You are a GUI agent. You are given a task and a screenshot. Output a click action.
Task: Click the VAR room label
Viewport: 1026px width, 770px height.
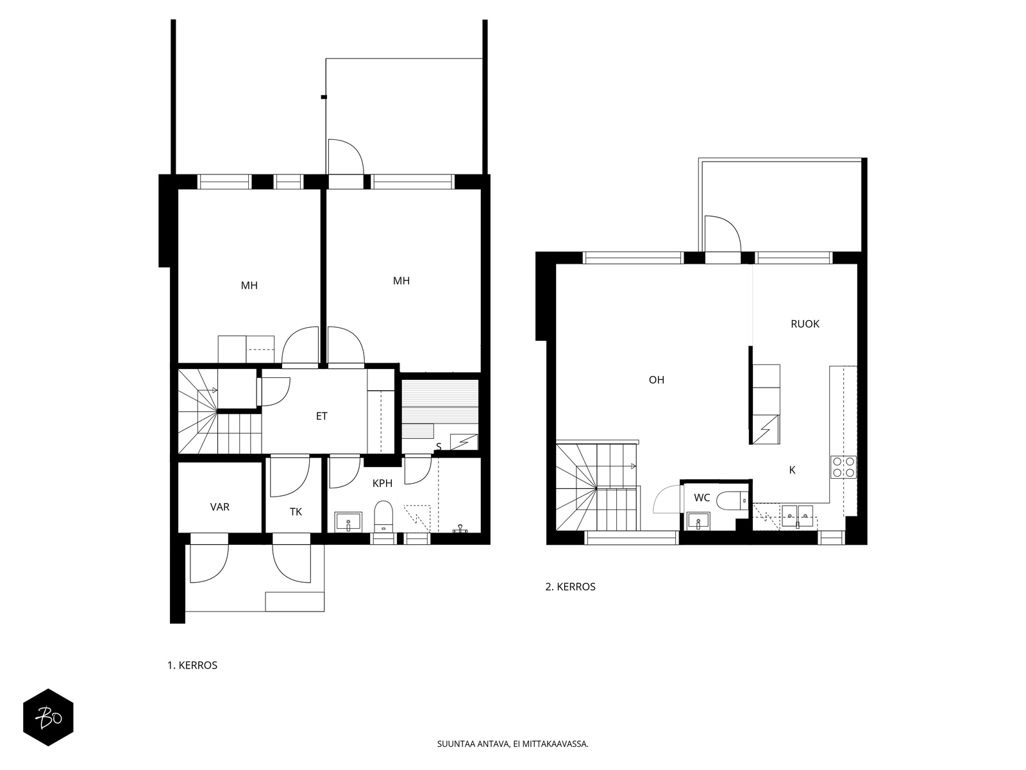[220, 507]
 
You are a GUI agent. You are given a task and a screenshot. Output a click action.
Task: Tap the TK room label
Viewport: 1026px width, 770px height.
[296, 512]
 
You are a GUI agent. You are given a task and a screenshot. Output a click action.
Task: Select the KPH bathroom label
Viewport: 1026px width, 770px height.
[382, 483]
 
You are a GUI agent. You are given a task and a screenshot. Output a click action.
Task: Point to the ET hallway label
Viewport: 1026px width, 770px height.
[322, 416]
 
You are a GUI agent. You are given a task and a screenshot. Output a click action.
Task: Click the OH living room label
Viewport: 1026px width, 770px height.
[656, 380]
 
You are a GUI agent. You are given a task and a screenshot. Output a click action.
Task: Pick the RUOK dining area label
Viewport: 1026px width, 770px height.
[805, 323]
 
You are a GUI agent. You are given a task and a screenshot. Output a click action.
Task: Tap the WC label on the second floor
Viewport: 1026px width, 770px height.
[702, 498]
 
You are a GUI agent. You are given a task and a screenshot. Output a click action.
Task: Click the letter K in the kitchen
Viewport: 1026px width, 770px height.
[793, 470]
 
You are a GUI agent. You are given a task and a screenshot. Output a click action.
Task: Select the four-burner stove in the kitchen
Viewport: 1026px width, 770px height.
[843, 466]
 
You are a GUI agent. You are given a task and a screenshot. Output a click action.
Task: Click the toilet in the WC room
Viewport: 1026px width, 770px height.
[732, 501]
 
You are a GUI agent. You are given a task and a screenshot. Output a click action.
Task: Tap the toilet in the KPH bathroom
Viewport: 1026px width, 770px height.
[383, 517]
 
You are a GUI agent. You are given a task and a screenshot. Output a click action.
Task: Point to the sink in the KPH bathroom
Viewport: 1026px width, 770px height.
[348, 522]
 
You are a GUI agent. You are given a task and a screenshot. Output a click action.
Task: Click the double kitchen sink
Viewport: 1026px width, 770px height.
[798, 516]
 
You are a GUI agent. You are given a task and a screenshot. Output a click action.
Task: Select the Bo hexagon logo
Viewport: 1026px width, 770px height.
[48, 717]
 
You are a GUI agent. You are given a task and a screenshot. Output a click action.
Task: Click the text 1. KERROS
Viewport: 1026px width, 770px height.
[192, 665]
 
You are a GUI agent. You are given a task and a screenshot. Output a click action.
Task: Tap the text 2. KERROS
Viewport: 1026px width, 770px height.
[570, 586]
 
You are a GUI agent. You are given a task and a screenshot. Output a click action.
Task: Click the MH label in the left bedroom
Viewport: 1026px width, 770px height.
[249, 285]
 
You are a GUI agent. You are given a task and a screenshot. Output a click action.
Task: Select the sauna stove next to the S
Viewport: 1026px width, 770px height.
[464, 442]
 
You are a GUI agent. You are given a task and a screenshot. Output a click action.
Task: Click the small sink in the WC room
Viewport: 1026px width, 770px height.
[698, 521]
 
